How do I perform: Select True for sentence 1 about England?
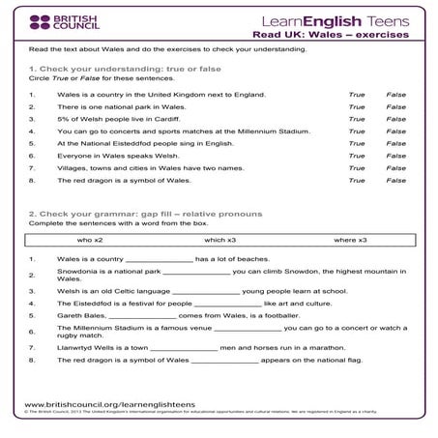(x=357, y=95)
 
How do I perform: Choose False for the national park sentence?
(x=396, y=107)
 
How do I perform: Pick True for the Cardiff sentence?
(x=357, y=119)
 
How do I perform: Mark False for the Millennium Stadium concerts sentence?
(x=396, y=131)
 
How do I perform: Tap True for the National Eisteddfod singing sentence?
(x=357, y=143)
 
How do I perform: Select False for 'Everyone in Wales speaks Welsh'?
(x=396, y=156)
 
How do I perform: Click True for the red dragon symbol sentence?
(x=357, y=180)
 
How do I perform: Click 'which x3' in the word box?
(x=219, y=240)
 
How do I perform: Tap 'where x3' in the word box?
(x=350, y=240)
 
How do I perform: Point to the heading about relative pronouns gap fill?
(x=145, y=214)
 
